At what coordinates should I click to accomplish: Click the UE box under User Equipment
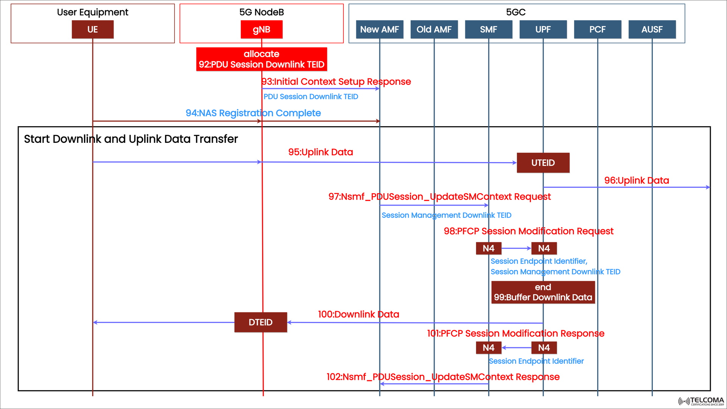pos(92,30)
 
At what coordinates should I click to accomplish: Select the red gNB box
pos(261,30)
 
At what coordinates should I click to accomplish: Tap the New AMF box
pos(379,30)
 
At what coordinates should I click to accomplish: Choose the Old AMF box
pos(434,30)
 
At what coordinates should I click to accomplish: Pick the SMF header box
pos(488,30)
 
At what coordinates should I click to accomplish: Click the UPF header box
pos(543,30)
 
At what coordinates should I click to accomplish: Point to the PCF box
pos(598,30)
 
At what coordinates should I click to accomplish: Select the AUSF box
pos(652,30)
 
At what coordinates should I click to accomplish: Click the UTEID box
pos(543,163)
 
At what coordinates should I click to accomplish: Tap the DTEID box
pos(261,322)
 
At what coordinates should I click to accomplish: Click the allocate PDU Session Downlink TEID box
pos(261,59)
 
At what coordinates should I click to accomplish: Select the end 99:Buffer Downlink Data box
pos(543,292)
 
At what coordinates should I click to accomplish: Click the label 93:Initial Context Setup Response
pos(336,82)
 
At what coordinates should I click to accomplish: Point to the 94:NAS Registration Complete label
pos(253,113)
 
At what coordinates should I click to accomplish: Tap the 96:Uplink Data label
pos(637,181)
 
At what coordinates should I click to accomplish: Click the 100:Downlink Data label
pos(358,314)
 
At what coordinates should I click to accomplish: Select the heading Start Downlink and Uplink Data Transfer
pos(131,139)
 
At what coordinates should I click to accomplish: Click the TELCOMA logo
pos(701,401)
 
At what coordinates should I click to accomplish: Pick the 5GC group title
pos(516,12)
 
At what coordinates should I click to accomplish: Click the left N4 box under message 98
pos(488,248)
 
